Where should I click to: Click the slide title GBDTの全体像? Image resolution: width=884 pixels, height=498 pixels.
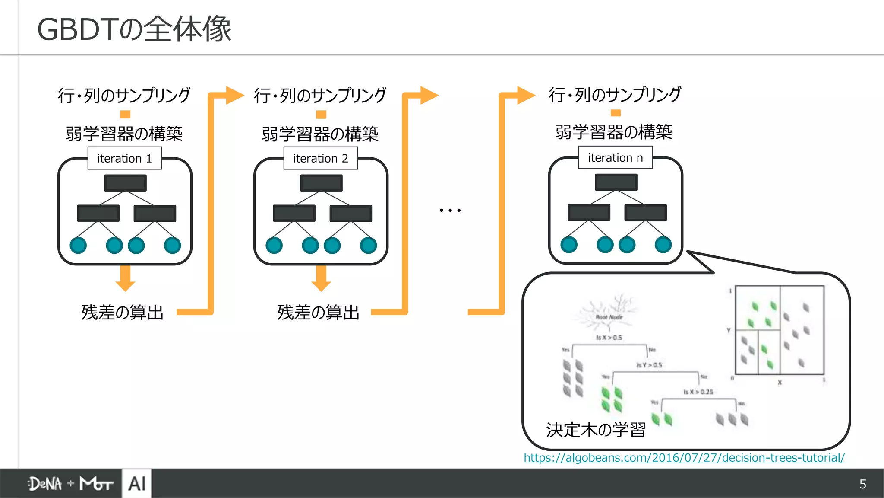(134, 29)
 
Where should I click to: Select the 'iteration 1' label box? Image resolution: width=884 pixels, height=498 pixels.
(125, 158)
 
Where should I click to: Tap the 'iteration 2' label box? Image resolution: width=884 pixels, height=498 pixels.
(321, 158)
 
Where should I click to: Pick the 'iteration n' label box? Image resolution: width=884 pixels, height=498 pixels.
(616, 158)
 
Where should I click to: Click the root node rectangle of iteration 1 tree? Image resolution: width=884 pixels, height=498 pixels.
(125, 183)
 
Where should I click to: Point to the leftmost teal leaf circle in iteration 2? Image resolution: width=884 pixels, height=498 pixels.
(274, 246)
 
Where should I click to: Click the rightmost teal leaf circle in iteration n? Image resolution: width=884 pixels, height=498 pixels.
(663, 245)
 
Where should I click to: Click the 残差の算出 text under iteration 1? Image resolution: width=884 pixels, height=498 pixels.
(123, 312)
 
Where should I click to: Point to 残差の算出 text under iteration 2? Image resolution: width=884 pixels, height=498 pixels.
(319, 312)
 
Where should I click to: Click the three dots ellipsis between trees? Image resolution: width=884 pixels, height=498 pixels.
(450, 210)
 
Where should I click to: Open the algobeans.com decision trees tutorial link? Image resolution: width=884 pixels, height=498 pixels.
(684, 457)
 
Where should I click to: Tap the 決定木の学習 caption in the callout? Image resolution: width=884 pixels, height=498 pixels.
(596, 430)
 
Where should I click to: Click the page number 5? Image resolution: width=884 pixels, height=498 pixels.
(862, 484)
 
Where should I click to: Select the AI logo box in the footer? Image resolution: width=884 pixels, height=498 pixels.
(137, 483)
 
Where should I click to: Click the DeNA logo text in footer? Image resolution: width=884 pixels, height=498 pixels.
(45, 484)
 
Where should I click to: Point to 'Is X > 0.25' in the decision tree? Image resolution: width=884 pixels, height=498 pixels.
(698, 392)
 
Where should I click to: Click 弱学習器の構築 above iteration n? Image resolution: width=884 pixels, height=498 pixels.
(614, 132)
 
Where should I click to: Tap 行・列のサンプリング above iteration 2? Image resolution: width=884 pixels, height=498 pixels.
(320, 95)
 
